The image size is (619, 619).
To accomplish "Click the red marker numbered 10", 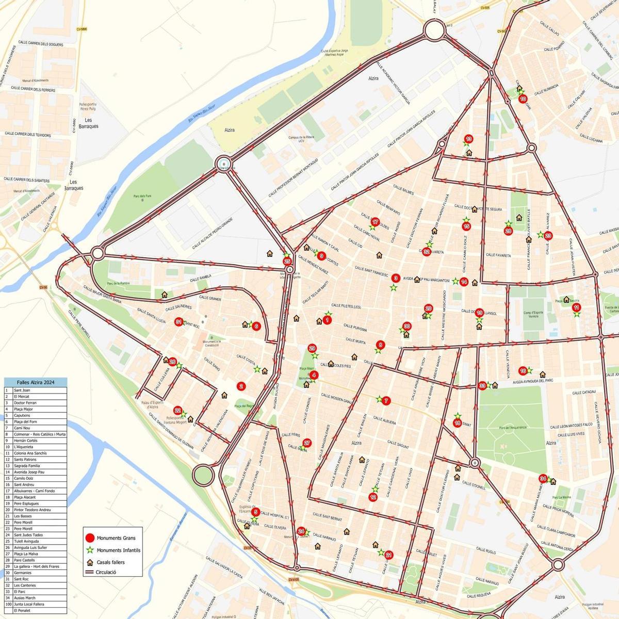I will pos(523,99).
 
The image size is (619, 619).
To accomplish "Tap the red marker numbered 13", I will pos(468,139).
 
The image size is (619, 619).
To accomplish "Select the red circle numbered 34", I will pos(543,478).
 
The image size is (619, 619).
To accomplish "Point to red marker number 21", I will pos(389,555).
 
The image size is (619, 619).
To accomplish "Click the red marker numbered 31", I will pos(178,321).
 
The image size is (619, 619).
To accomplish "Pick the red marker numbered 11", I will pos(577,307).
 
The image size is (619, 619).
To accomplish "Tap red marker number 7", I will pos(386,400).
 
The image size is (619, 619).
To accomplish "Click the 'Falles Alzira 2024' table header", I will pos(36,382).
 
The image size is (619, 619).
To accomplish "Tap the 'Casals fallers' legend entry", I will pos(110,562).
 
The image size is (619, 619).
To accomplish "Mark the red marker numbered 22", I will pos(178,411).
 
